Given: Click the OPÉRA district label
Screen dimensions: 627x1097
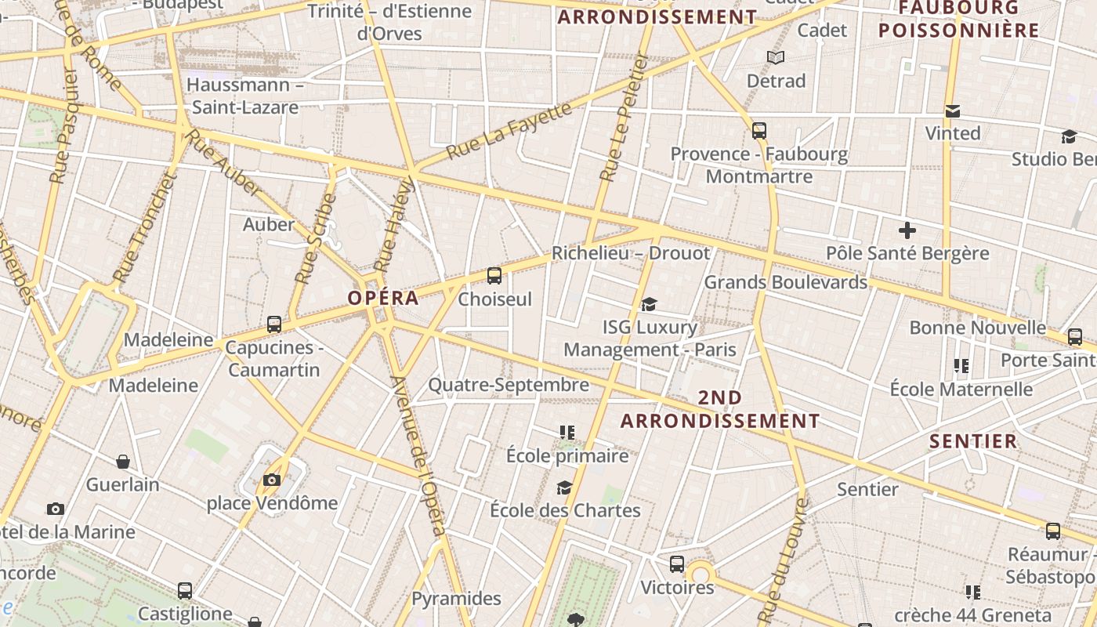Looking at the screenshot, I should tap(383, 298).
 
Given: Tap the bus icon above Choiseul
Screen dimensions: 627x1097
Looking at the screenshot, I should tap(494, 276).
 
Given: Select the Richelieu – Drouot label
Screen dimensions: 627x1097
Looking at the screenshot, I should tap(631, 253).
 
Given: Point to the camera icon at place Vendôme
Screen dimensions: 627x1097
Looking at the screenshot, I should tap(272, 480).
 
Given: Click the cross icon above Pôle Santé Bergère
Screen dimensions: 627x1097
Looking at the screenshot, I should tap(907, 230).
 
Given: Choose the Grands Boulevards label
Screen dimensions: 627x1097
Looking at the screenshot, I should tap(786, 282).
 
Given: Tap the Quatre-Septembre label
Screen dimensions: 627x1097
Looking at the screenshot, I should tap(509, 385).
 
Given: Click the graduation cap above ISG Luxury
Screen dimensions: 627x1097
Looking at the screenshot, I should tap(649, 304).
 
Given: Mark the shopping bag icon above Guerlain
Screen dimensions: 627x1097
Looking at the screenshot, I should tap(123, 462).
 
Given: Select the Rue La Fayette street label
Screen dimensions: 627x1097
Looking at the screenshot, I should tap(510, 130).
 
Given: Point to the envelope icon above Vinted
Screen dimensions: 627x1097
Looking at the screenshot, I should tap(953, 111).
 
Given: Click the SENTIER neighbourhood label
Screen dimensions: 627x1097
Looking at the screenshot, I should tap(973, 441).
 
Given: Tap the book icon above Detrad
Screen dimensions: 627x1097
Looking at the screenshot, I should tap(776, 58).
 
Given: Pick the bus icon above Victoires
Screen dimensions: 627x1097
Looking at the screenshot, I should tap(677, 564).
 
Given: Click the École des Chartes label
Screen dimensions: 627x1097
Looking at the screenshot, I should tap(565, 510).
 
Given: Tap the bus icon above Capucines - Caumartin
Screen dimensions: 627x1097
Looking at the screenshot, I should tap(274, 324).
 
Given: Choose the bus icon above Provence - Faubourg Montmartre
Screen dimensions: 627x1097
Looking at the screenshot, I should tap(758, 131).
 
